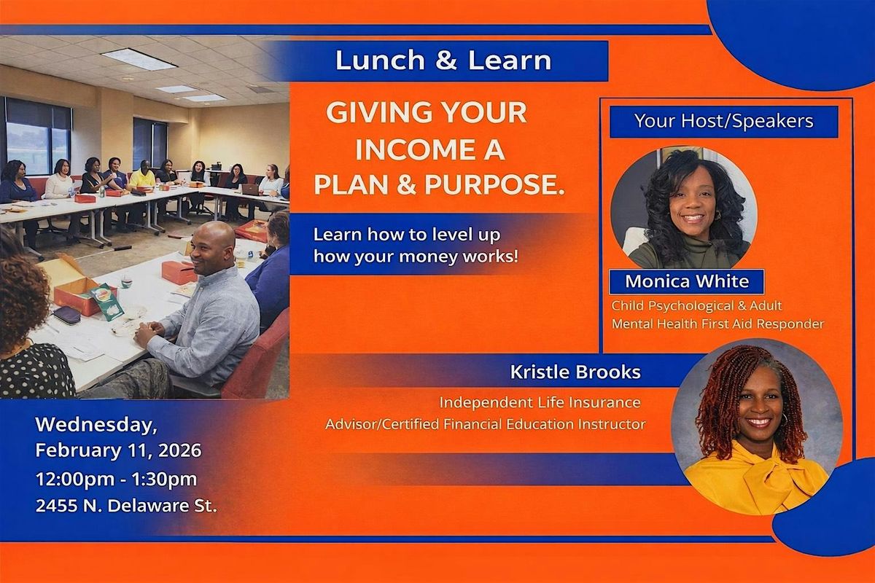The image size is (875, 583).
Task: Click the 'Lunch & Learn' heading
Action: point(443,60)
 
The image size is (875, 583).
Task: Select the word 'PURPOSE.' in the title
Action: point(495,184)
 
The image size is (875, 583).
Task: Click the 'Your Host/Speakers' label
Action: point(724,121)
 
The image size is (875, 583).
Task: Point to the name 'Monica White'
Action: point(687,281)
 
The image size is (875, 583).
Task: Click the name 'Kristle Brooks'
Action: point(575,372)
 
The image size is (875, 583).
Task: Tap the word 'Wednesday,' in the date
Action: point(96,425)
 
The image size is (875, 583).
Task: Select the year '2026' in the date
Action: point(180,450)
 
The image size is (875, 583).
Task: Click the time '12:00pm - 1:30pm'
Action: point(117,480)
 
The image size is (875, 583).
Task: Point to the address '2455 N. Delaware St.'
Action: point(126,506)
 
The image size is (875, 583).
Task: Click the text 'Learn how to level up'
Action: point(407,235)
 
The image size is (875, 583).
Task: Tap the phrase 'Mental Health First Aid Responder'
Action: point(718,324)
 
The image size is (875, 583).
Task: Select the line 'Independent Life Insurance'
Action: point(540,402)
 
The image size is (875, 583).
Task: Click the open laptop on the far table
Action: point(250,189)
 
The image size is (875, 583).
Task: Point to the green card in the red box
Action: point(106,302)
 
